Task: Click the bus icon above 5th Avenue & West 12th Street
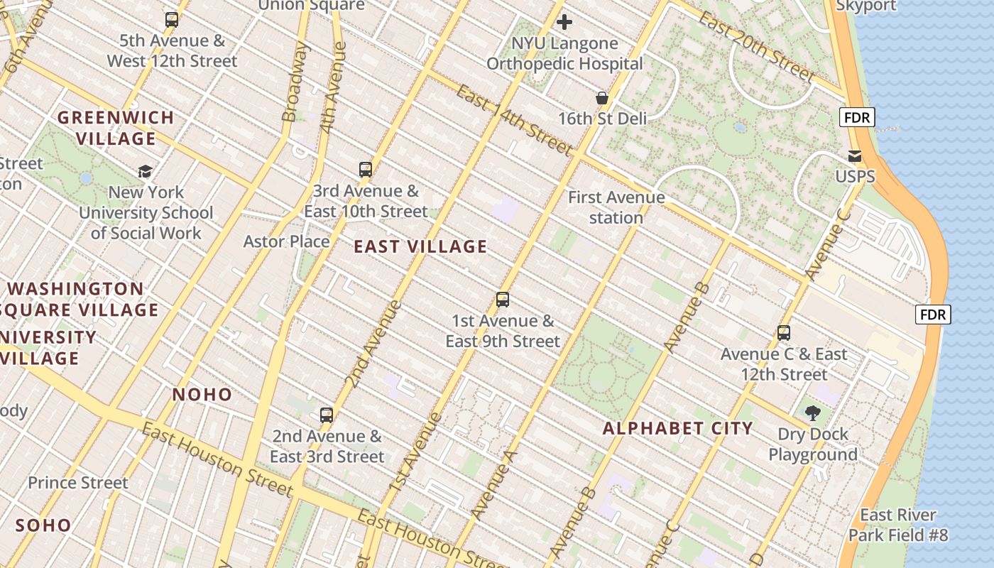(172, 20)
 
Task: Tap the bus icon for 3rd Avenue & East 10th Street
(366, 170)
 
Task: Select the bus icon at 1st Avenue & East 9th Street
(503, 300)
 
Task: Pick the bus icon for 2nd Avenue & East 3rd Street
(327, 415)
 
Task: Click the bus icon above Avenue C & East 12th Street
(784, 333)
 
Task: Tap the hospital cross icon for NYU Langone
(564, 23)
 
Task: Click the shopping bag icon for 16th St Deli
(602, 98)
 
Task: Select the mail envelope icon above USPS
(855, 156)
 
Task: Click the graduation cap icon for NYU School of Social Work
(146, 171)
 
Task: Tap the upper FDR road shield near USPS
(857, 118)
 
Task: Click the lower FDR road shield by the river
(933, 315)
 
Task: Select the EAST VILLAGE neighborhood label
(420, 247)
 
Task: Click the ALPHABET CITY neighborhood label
(677, 428)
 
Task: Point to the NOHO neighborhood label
(202, 395)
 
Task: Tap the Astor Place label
(286, 241)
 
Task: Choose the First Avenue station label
(616, 207)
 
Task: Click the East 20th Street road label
(757, 47)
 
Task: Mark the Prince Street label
(78, 483)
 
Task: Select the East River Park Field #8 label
(898, 525)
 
